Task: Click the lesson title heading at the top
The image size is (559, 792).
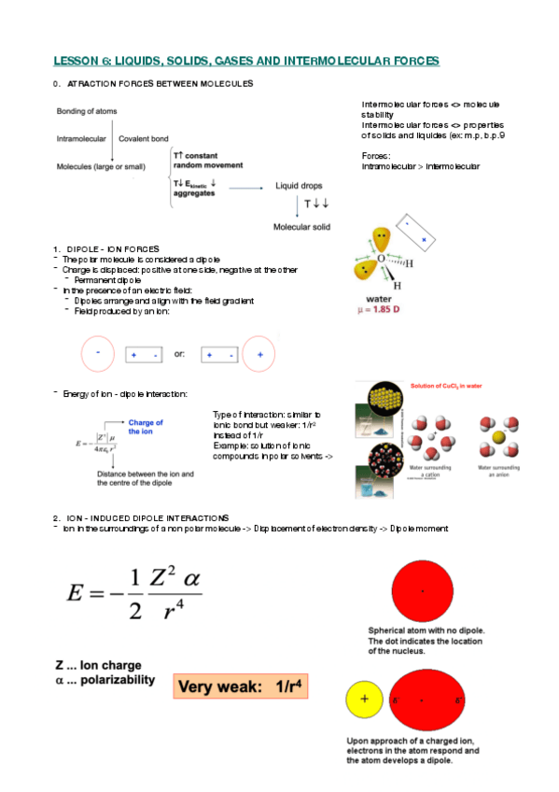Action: tap(245, 61)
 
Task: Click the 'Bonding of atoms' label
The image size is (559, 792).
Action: tap(87, 111)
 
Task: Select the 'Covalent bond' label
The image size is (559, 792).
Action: tap(144, 138)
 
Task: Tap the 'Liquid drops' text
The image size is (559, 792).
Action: tap(300, 186)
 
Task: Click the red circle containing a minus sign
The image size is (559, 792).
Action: tap(98, 355)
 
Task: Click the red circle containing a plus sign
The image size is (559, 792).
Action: tap(259, 355)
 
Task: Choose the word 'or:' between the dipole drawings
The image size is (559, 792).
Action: tap(180, 356)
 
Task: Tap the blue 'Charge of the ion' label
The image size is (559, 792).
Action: tap(147, 428)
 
